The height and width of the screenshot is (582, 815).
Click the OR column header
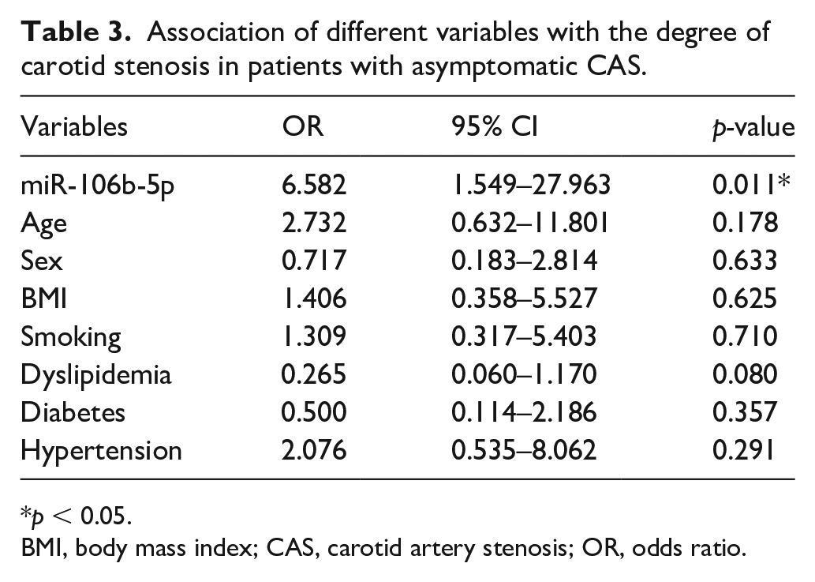[x=302, y=126]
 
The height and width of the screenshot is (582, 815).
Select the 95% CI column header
[x=495, y=126]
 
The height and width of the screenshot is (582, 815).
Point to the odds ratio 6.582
[x=314, y=185]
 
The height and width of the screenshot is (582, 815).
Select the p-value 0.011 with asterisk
[x=751, y=185]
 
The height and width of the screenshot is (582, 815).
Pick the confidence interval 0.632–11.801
[x=529, y=223]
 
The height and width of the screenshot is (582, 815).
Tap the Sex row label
[x=42, y=261]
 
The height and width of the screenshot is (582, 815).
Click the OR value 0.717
[x=314, y=261]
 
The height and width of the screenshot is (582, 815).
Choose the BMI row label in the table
[x=43, y=299]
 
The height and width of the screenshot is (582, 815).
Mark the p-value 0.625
[x=745, y=299]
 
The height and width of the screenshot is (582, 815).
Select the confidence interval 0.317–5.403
[x=524, y=336]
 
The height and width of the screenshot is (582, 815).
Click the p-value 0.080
[x=745, y=374]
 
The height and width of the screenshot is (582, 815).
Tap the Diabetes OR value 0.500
[x=314, y=412]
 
